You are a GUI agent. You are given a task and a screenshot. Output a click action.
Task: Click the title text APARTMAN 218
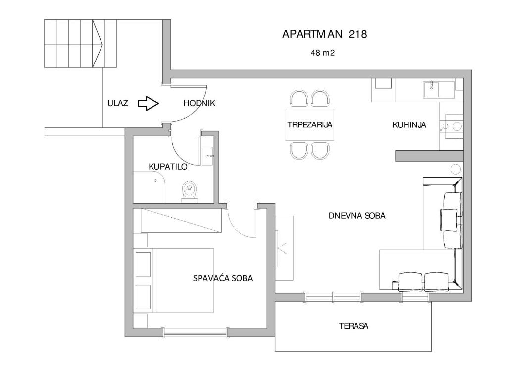325,34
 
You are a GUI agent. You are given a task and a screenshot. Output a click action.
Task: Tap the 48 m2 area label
323,53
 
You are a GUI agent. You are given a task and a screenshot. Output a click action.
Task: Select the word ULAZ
118,103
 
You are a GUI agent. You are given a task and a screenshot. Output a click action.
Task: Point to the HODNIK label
199,103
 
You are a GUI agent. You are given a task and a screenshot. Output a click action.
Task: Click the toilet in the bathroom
190,191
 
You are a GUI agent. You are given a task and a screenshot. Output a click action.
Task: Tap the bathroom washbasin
207,156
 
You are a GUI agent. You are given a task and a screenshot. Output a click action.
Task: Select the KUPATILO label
168,167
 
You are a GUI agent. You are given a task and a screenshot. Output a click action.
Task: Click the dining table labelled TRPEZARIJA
310,125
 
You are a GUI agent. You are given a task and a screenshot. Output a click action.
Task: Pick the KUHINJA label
409,125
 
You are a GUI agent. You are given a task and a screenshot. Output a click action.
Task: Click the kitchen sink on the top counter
431,89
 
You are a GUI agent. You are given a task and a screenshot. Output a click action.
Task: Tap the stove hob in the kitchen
454,126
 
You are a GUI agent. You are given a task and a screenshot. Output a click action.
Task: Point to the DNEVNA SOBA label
357,216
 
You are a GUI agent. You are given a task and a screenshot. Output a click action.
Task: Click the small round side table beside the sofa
456,169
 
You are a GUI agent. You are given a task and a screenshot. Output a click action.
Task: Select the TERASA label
354,326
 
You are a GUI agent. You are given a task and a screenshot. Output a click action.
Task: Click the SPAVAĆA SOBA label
223,278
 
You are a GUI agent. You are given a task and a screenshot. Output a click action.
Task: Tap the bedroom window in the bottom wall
195,332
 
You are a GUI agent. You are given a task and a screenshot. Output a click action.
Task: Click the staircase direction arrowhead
98,44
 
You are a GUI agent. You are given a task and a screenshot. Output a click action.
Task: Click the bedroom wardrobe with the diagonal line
181,220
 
